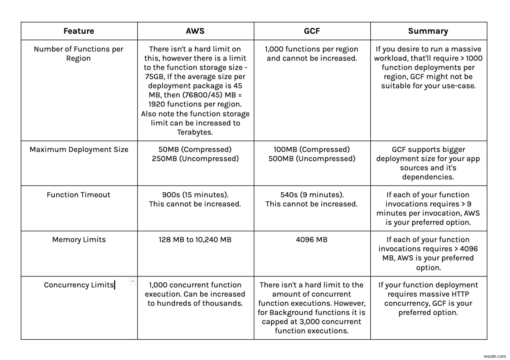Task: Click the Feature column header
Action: click(x=79, y=31)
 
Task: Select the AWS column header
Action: click(x=195, y=31)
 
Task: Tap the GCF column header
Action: click(x=312, y=31)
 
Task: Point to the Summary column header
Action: click(x=428, y=31)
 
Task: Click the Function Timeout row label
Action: click(x=79, y=195)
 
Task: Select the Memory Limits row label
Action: click(x=79, y=240)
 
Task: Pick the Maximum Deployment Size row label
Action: click(x=79, y=150)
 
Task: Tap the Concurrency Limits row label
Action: click(x=79, y=285)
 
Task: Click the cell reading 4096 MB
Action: click(x=312, y=240)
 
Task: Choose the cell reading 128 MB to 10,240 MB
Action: click(x=195, y=240)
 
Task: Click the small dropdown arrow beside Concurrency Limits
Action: click(x=132, y=282)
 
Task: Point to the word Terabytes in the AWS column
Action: click(x=195, y=132)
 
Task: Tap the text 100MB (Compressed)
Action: click(x=312, y=150)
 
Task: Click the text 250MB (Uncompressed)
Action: click(x=195, y=159)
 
